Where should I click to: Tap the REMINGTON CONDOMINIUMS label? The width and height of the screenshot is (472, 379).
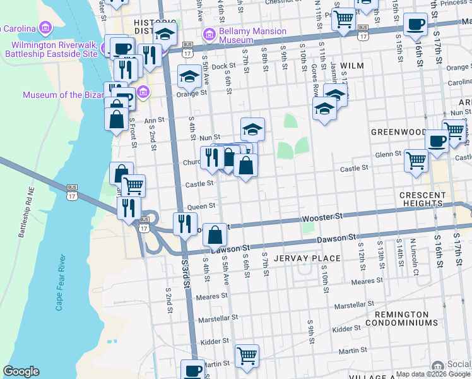[406, 318]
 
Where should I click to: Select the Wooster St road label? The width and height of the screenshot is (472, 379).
[322, 216]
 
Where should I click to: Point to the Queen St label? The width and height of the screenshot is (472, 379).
[201, 206]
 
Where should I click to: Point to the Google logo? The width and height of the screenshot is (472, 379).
[21, 371]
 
